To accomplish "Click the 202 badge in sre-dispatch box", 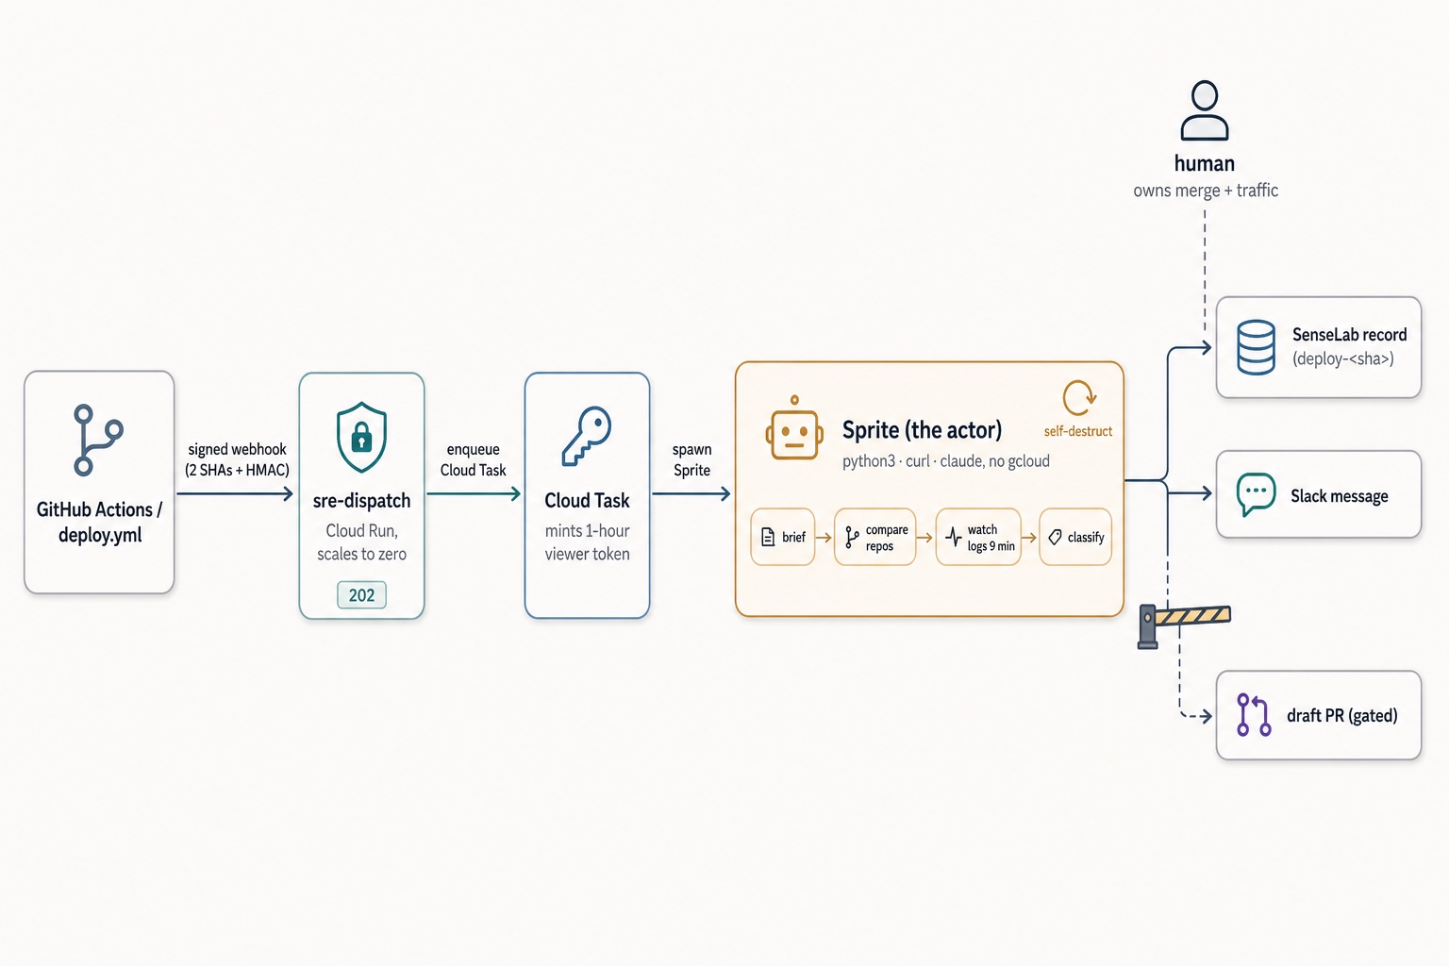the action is [x=361, y=594].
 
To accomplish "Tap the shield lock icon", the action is [x=361, y=437].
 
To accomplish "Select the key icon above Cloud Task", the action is [x=587, y=436].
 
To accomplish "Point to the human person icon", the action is [x=1205, y=110].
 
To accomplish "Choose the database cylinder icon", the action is [x=1257, y=347].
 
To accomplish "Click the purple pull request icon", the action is [x=1254, y=715].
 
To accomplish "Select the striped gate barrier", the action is [x=1184, y=625].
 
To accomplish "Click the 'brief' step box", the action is [x=783, y=537].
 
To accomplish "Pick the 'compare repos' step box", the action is [x=875, y=537].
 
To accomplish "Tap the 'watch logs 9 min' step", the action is [x=978, y=537].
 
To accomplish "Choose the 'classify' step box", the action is [x=1075, y=537].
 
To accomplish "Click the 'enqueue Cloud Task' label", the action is [x=473, y=459].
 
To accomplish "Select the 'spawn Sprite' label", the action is [x=691, y=459].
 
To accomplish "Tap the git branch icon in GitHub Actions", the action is [x=98, y=440].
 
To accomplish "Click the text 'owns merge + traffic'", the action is [x=1205, y=191].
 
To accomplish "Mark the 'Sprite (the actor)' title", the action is [x=922, y=429].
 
